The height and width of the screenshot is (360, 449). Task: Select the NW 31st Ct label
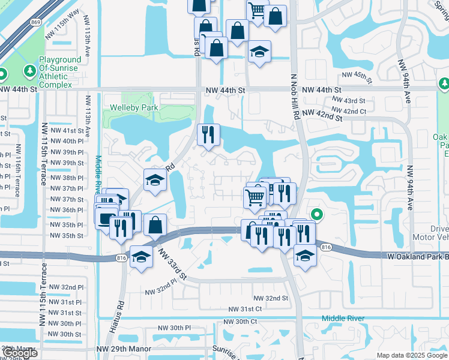(246, 308)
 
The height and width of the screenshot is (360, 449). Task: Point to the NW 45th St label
(357, 76)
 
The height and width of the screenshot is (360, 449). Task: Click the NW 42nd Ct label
(349, 111)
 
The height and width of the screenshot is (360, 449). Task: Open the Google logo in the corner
(19, 353)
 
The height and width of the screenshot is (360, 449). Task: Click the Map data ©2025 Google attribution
(412, 355)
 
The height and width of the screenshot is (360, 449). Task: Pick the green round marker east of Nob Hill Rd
(317, 214)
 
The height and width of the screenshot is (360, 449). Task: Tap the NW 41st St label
(67, 130)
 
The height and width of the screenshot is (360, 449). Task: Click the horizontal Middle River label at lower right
(342, 318)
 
